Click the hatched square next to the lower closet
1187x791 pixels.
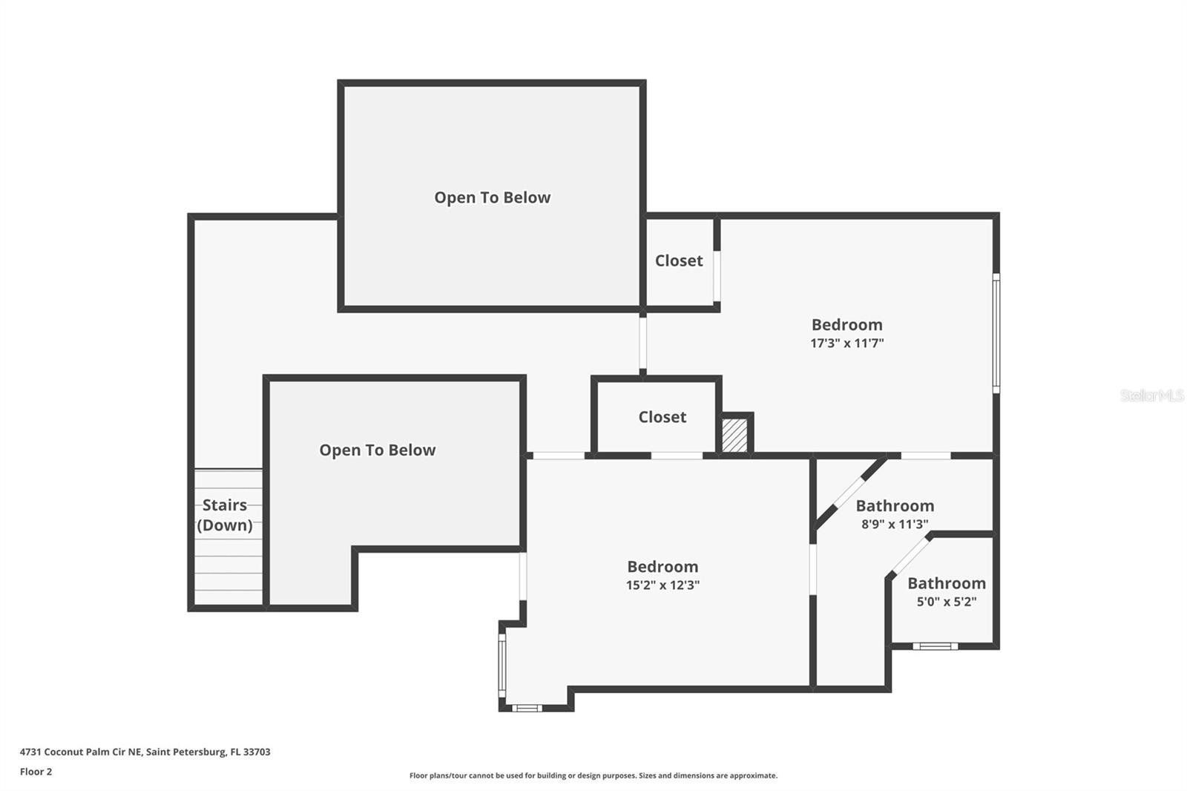tap(734, 435)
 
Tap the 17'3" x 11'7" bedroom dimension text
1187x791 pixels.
tap(846, 344)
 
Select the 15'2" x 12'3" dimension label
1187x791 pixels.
tap(662, 585)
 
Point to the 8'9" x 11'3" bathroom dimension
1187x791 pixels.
tap(895, 525)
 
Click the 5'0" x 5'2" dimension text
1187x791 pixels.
tap(946, 602)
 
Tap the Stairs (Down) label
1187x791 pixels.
tap(225, 515)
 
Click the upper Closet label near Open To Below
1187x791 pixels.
tap(678, 260)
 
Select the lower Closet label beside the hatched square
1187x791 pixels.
tap(662, 417)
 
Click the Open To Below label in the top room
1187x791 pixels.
tap(492, 197)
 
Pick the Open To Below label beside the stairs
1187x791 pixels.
tap(377, 450)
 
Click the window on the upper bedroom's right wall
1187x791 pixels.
tap(996, 333)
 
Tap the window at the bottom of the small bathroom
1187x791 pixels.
tap(935, 646)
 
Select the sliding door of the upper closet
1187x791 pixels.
tap(717, 276)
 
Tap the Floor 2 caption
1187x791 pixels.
tap(36, 772)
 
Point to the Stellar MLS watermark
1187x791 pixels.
tap(1151, 395)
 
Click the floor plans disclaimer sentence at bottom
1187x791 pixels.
tap(593, 775)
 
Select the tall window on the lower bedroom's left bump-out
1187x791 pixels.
tap(502, 666)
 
